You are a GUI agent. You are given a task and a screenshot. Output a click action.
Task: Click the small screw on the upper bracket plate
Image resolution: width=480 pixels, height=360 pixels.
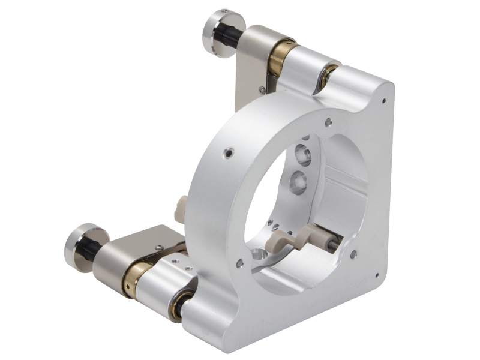[x=262, y=90]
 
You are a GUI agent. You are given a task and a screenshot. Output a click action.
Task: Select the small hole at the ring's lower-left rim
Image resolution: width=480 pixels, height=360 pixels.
[x=240, y=262]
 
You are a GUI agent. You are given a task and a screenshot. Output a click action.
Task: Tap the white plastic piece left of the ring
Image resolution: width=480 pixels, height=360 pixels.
[x=180, y=206]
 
